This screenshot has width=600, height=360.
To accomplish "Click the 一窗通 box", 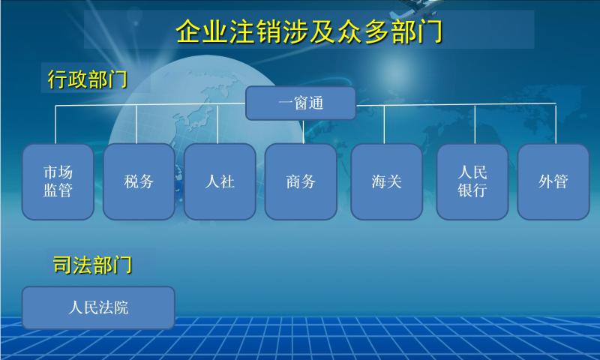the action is click(301, 103).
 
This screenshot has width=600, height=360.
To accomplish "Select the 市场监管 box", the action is click(58, 181).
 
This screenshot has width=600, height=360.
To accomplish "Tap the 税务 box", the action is click(139, 181).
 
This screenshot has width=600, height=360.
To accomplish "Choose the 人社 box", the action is click(220, 181).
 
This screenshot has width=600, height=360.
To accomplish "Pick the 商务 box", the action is click(301, 181).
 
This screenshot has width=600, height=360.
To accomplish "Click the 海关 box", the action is click(386, 181).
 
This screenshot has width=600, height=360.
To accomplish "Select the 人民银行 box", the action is click(472, 181).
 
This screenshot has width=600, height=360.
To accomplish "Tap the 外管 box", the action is click(553, 181).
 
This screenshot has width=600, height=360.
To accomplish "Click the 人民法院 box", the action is click(98, 307).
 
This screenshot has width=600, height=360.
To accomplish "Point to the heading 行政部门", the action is click(88, 79).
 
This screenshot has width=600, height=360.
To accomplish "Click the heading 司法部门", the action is click(92, 265).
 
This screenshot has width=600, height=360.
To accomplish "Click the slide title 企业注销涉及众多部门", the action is click(309, 31).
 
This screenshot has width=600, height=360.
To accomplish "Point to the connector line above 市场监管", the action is click(55, 124).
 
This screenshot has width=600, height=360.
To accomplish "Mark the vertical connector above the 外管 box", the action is click(556, 124).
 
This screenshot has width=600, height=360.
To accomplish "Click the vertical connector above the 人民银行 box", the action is click(475, 124).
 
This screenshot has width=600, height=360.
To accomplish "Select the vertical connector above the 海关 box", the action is click(385, 124).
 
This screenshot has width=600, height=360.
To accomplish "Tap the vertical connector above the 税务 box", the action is click(136, 124).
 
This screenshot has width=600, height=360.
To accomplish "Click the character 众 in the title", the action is click(349, 31).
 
